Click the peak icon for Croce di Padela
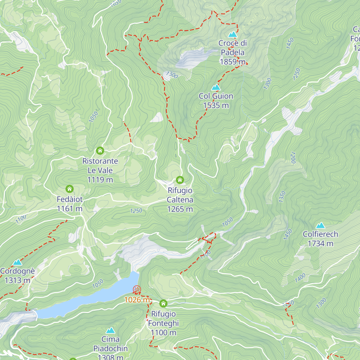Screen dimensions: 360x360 pyautogui.click(x=232, y=34)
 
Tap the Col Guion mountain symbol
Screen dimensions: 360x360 pyautogui.click(x=216, y=87)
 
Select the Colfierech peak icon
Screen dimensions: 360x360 pyautogui.click(x=320, y=225)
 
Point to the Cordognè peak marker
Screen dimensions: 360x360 pyautogui.click(x=17, y=262)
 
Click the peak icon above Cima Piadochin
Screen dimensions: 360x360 pyautogui.click(x=110, y=331)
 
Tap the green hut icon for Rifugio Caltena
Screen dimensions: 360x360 pyautogui.click(x=180, y=180)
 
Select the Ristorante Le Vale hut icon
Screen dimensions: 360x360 pyautogui.click(x=100, y=150)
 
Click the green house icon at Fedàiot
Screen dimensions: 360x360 pyautogui.click(x=69, y=189)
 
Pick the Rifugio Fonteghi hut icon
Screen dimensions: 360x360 pyautogui.click(x=163, y=303)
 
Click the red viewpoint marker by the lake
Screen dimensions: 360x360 pyautogui.click(x=137, y=289)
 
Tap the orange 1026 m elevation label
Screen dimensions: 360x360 pyautogui.click(x=137, y=300)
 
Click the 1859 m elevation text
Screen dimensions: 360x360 pyautogui.click(x=232, y=62)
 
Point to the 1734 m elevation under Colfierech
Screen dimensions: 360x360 pyautogui.click(x=320, y=244)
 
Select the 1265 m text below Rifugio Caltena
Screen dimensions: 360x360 pyautogui.click(x=180, y=209)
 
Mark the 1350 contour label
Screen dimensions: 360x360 pyautogui.click(x=282, y=196)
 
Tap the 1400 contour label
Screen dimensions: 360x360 pyautogui.click(x=300, y=278)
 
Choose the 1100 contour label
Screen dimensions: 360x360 pyautogui.click(x=21, y=219)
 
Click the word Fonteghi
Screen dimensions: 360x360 pyautogui.click(x=163, y=323)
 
